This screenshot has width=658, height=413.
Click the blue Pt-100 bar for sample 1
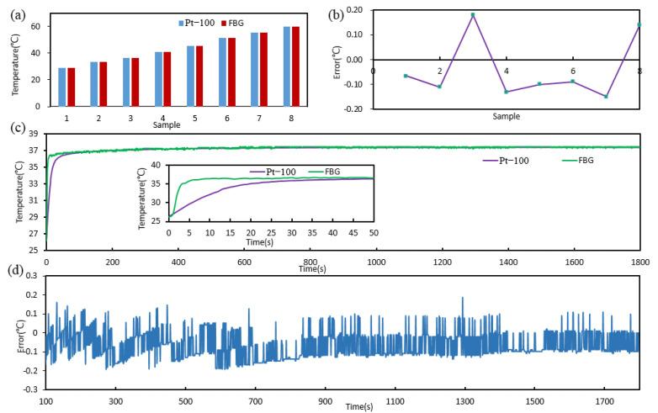(x=61, y=87)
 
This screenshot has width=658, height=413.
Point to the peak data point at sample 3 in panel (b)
(x=473, y=14)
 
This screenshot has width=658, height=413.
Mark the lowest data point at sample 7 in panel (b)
(x=606, y=97)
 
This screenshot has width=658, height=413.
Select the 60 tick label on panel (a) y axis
(x=34, y=27)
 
